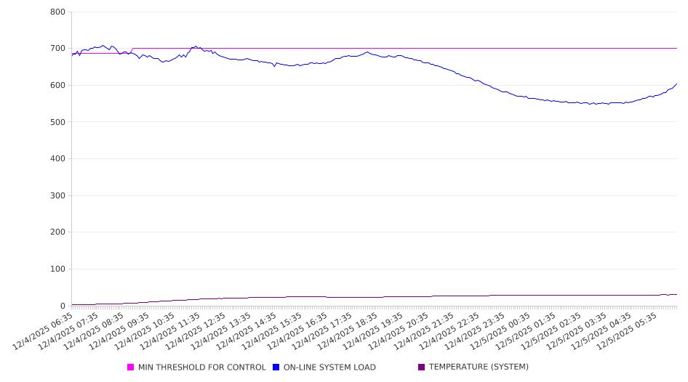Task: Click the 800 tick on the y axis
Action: pos(57,12)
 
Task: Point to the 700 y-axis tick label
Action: pos(57,49)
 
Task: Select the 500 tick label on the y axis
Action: pos(57,122)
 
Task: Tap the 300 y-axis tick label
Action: pos(57,196)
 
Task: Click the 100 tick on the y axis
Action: pos(57,269)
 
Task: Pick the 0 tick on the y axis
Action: pos(62,306)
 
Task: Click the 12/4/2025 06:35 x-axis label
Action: pos(44,330)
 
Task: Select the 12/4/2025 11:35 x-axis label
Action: pos(171,330)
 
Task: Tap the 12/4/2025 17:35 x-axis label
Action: pos(324,330)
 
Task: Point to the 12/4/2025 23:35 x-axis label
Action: pos(476,330)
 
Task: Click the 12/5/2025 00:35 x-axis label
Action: pos(502,330)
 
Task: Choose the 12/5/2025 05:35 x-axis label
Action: pos(629,330)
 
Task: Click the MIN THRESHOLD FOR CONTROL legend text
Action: pos(201,367)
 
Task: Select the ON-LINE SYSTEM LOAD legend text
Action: pos(329,367)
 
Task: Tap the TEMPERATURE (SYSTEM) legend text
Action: pos(479,367)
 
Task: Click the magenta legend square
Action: pos(131,367)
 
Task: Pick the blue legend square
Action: pos(276,367)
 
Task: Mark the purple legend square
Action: pos(422,367)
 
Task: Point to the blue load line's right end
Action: pos(677,84)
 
